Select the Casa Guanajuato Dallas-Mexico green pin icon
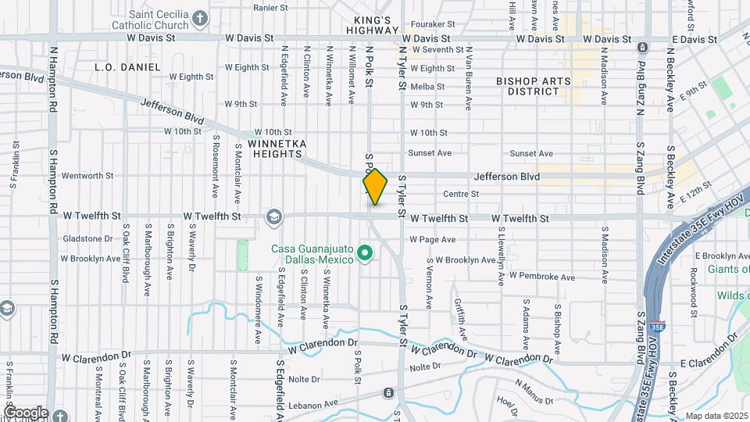(364, 252)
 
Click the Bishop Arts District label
(534, 86)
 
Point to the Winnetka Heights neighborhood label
(275, 148)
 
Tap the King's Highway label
(372, 25)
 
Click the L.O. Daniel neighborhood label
(127, 67)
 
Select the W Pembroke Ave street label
(541, 276)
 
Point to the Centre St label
(460, 194)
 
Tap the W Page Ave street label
(432, 239)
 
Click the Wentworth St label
(87, 176)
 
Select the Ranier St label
(270, 8)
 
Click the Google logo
(26, 412)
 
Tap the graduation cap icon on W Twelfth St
(273, 216)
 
